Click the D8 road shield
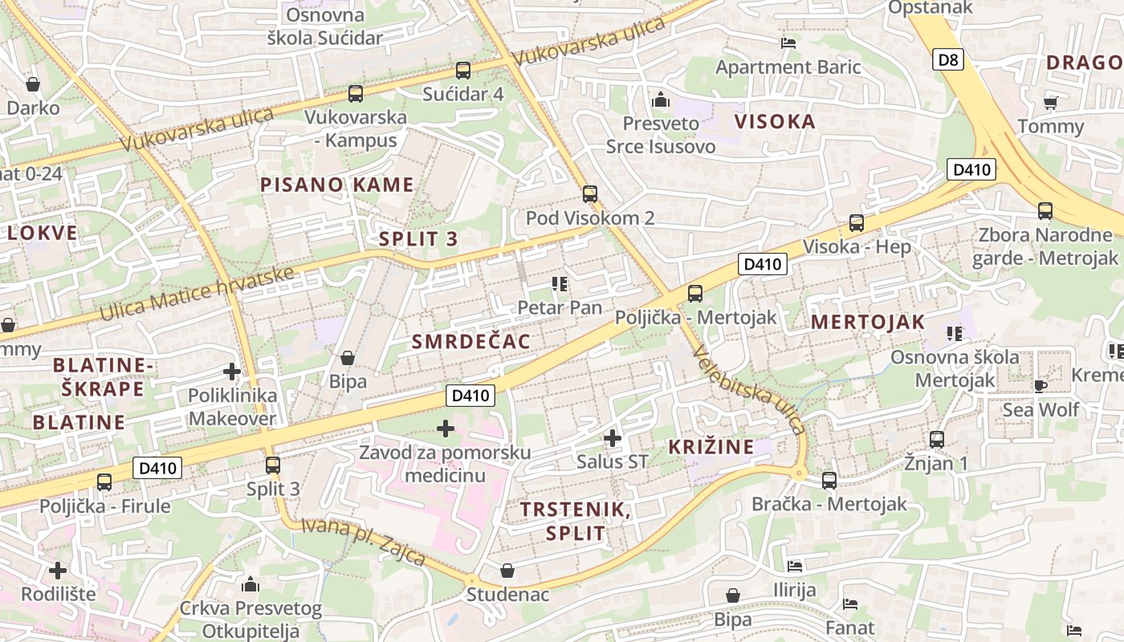pyautogui.click(x=948, y=59)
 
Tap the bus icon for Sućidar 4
pyautogui.click(x=462, y=71)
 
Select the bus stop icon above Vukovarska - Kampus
pyautogui.click(x=355, y=94)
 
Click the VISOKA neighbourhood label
pyautogui.click(x=775, y=122)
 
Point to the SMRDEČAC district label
pyautogui.click(x=471, y=342)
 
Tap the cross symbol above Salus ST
pyautogui.click(x=613, y=438)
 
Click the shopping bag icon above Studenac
pyautogui.click(x=507, y=571)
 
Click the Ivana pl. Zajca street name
pyautogui.click(x=363, y=542)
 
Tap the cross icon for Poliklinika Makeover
pyautogui.click(x=232, y=372)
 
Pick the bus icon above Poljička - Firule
pyautogui.click(x=104, y=482)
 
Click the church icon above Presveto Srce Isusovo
pyautogui.click(x=661, y=100)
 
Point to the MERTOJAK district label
pyautogui.click(x=868, y=323)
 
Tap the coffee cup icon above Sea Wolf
pyautogui.click(x=1041, y=386)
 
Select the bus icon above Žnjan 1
pyautogui.click(x=936, y=440)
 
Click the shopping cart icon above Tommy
pyautogui.click(x=1050, y=103)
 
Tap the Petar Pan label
pyautogui.click(x=560, y=307)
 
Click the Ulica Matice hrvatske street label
pyautogui.click(x=197, y=293)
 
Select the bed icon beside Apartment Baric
pyautogui.click(x=788, y=43)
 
